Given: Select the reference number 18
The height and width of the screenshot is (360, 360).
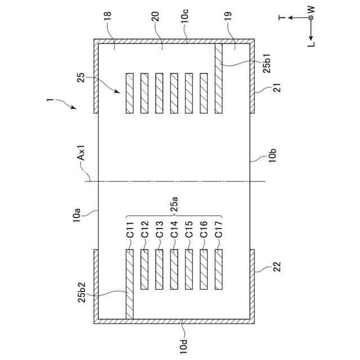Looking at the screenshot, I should point(107,26).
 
